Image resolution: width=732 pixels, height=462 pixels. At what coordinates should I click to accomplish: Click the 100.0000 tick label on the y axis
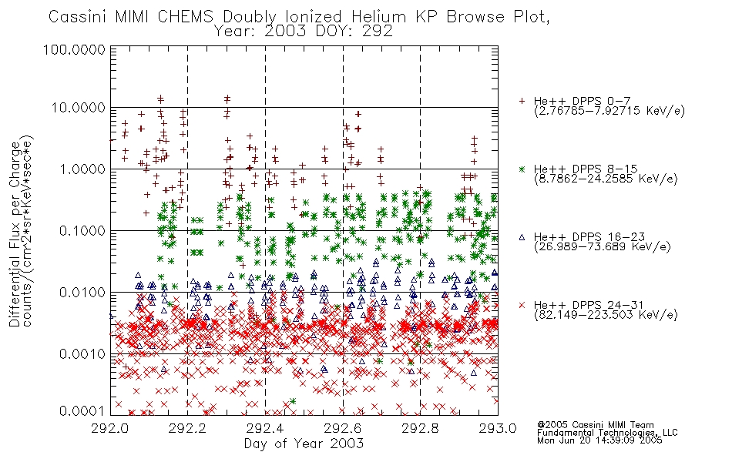(74, 49)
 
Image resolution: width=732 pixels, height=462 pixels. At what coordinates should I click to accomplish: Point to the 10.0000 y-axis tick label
(79, 108)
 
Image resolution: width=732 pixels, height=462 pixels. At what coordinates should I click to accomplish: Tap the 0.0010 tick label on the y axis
(82, 354)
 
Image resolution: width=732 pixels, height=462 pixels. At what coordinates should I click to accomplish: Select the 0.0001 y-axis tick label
(82, 411)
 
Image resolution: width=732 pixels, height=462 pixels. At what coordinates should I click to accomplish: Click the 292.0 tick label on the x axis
(110, 428)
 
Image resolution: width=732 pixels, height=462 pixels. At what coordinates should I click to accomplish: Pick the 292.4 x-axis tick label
(265, 428)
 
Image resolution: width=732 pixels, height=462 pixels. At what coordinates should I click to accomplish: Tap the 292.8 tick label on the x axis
(420, 428)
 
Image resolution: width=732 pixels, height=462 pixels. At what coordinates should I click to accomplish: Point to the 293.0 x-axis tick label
(498, 428)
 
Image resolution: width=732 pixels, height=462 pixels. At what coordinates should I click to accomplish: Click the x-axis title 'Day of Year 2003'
(304, 444)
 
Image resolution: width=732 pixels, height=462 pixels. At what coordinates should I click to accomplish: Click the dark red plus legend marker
(522, 101)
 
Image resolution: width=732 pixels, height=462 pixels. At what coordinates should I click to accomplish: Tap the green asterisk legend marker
(522, 169)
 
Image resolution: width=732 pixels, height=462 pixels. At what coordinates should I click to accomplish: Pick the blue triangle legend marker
(522, 237)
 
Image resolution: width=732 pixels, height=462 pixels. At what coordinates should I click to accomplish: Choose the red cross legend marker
(522, 305)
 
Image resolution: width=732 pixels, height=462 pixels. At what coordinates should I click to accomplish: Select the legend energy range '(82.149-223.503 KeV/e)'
(606, 315)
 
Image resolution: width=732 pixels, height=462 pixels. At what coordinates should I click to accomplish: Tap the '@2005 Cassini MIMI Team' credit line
(595, 425)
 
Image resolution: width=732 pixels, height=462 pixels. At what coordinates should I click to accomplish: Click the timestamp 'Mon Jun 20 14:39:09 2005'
(599, 440)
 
